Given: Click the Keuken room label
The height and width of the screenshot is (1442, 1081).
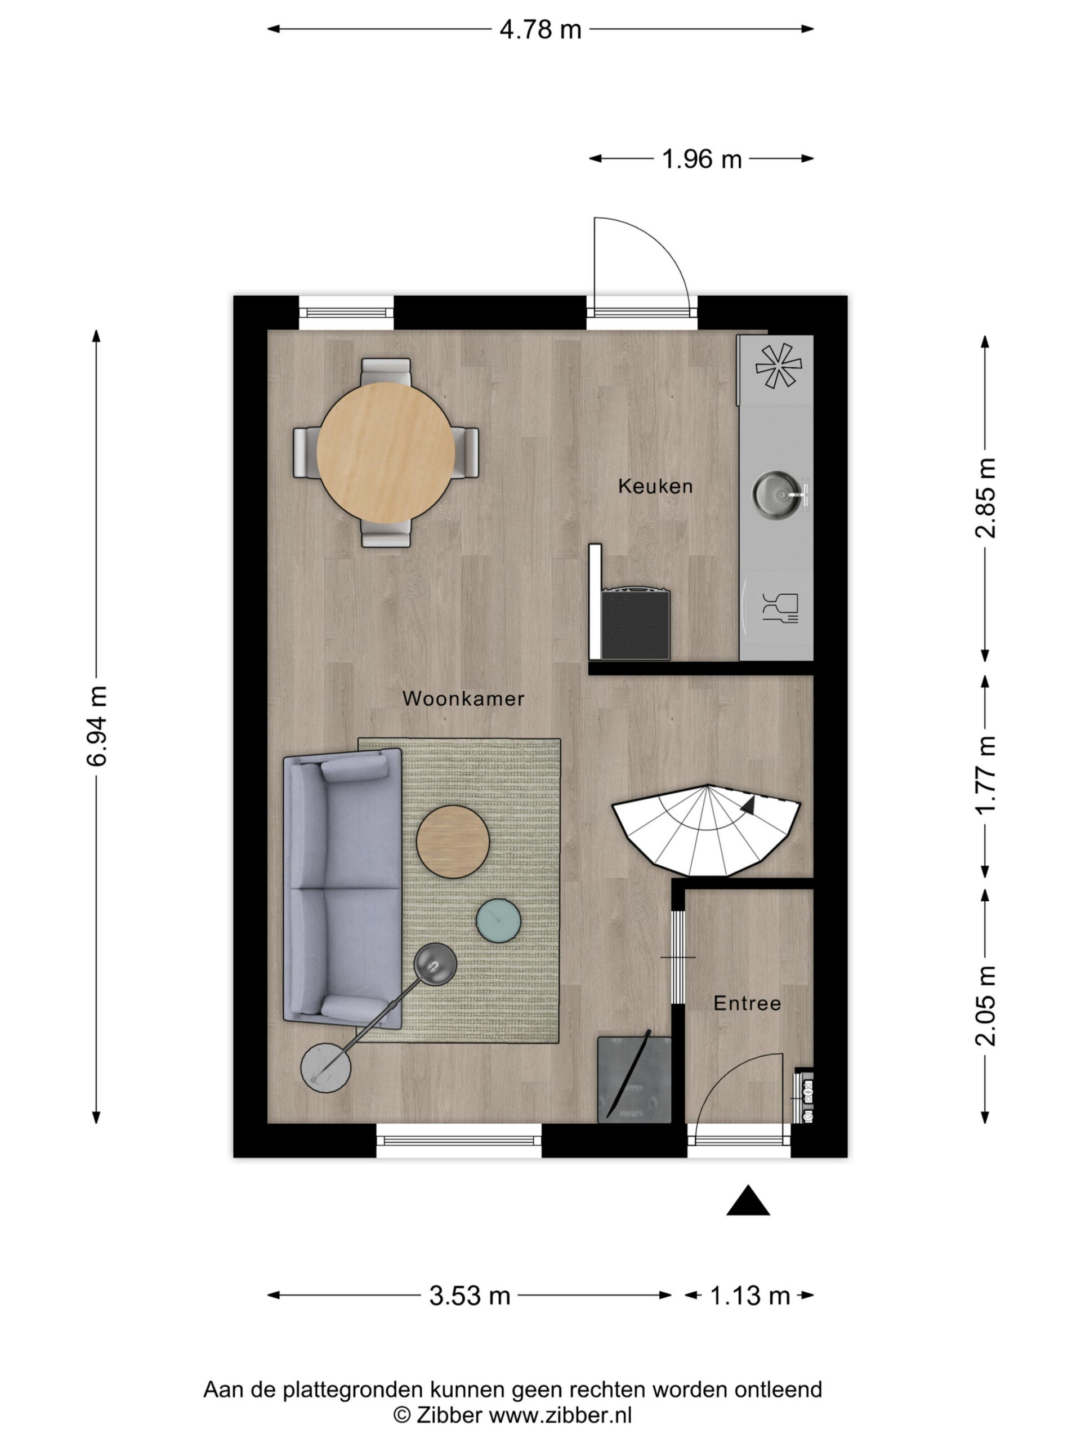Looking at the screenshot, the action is pos(655,486).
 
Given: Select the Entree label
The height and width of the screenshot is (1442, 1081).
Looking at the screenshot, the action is pos(747,1003).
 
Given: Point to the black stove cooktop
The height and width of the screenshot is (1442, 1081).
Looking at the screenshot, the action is pos(635,623).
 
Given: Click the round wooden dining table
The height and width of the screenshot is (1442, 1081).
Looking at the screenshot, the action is pos(386,452).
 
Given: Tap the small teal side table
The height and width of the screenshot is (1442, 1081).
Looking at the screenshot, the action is pos(498,920).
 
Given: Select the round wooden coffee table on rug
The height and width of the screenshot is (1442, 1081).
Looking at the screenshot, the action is pos(453,841).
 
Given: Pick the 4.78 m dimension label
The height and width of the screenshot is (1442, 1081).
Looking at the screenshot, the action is pos(540,29).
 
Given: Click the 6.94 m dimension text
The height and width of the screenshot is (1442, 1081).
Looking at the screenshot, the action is pos(97,726).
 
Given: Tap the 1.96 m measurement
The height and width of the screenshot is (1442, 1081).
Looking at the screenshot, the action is pos(702,159).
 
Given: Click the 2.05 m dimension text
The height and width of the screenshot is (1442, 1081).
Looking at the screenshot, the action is pos(985,1005).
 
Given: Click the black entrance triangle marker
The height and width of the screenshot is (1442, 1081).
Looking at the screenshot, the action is pos(748,1200).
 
